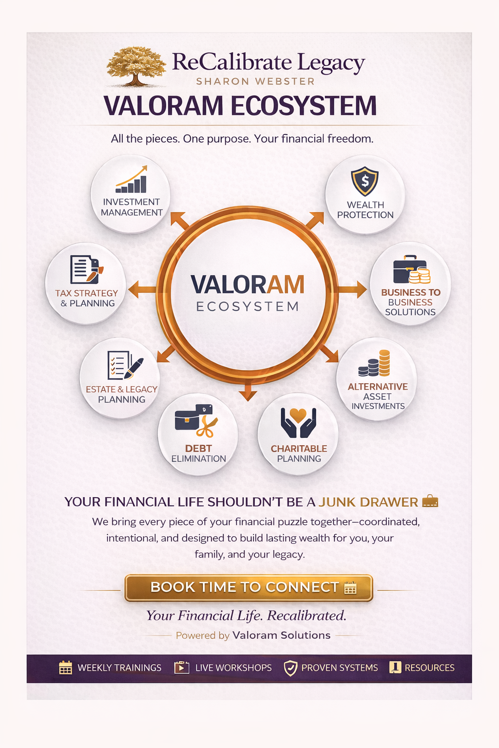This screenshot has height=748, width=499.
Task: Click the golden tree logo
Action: (x=136, y=66)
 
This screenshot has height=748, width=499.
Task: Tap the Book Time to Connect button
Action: (x=249, y=588)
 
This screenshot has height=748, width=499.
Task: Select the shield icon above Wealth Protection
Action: (x=365, y=181)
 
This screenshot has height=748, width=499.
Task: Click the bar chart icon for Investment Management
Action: (x=132, y=180)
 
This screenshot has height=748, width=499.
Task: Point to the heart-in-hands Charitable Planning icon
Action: (x=298, y=422)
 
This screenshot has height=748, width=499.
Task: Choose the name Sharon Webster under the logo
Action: (x=255, y=81)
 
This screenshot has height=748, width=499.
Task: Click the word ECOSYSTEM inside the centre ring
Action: (x=248, y=307)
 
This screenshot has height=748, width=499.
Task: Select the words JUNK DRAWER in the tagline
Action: (x=368, y=502)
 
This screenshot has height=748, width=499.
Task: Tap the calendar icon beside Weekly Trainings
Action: (x=65, y=668)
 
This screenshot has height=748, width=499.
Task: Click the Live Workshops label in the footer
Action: (x=233, y=668)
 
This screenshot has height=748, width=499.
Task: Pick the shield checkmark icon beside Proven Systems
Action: (x=290, y=668)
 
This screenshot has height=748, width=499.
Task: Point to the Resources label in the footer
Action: (x=429, y=668)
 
